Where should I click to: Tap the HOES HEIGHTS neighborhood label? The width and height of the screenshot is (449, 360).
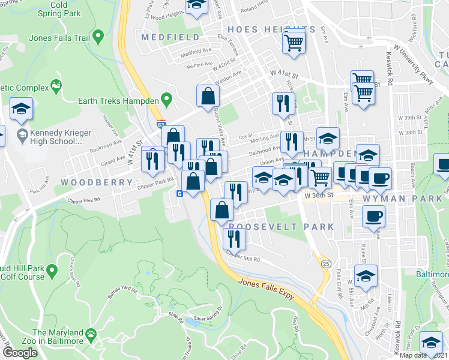pos(271,29)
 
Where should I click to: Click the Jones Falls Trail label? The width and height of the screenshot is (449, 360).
pos(59,38)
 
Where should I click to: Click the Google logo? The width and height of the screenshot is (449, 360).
pos(20,353)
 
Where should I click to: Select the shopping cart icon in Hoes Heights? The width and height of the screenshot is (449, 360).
pos(294,41)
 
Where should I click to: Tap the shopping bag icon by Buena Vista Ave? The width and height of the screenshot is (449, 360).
pos(208,95)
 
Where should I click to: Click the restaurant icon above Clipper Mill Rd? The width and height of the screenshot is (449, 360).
pos(234,239)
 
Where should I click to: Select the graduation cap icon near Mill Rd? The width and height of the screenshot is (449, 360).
pos(366,276)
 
